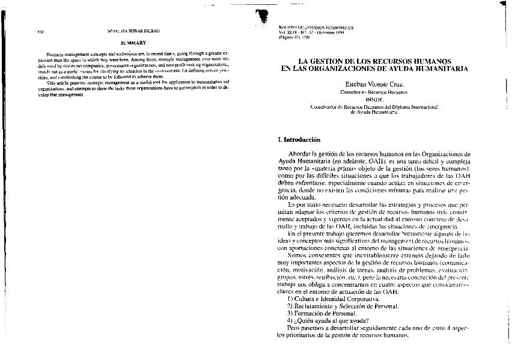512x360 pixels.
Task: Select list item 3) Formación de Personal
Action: tap(322, 313)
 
